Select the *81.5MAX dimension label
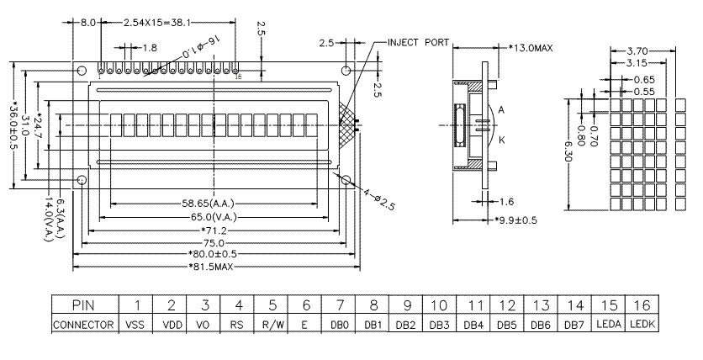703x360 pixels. (211, 267)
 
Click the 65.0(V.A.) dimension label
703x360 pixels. (211, 217)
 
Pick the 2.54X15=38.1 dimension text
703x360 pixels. (158, 23)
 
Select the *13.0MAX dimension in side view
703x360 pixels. (531, 48)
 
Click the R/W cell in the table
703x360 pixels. (272, 324)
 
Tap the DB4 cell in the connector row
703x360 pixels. (476, 324)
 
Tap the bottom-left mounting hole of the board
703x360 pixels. (82, 180)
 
